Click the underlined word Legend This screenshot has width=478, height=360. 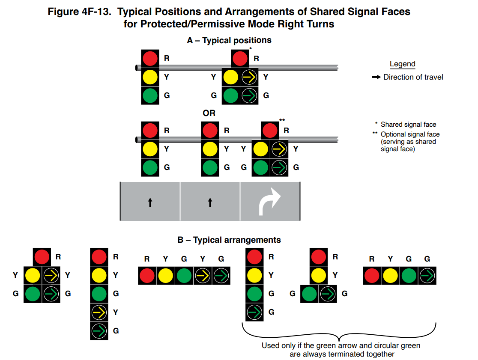pos(402,64)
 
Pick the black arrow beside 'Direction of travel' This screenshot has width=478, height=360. pos(376,77)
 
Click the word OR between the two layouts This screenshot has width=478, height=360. pos(209,113)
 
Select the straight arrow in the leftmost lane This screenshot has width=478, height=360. pos(150,202)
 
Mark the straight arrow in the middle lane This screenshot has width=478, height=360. pos(210,202)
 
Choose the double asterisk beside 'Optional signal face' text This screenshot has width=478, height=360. pos(375,134)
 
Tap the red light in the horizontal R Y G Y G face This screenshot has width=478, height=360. pos(147,276)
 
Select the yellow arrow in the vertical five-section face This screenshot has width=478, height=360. pos(99,312)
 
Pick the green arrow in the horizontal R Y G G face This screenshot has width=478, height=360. pos(427,276)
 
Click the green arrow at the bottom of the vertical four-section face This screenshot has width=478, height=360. pos(254,312)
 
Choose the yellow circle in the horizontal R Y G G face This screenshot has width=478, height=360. pos(390,276)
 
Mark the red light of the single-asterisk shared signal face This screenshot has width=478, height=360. pos(240,58)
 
